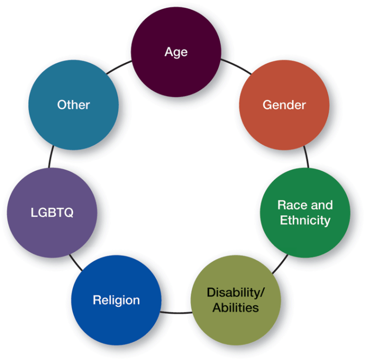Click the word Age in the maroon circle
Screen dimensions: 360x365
176,52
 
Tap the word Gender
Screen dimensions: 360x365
284,105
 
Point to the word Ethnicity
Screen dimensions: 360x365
305,220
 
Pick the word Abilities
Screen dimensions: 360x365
236,307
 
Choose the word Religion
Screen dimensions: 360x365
116,300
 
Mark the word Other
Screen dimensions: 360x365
74,105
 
